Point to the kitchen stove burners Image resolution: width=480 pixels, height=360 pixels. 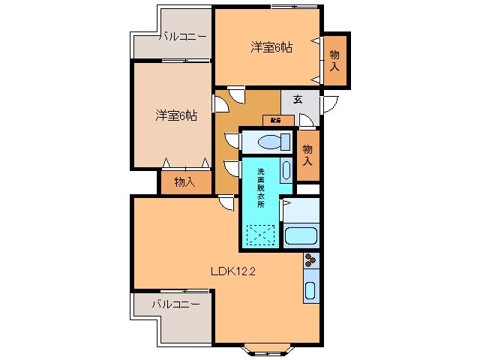(x=310, y=261)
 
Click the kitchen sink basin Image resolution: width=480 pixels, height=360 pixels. (x=310, y=292)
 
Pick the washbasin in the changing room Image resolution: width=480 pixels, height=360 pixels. (x=286, y=169)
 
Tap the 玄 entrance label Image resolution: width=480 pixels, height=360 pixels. (x=298, y=99)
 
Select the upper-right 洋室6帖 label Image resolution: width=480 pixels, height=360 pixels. (x=271, y=47)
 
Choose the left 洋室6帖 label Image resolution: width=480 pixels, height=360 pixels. (x=176, y=115)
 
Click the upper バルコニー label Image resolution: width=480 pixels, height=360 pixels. (x=183, y=34)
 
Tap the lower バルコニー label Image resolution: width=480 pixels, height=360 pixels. (x=175, y=304)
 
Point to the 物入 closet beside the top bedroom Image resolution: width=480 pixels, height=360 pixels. (x=334, y=59)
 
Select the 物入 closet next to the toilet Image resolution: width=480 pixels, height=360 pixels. (x=308, y=154)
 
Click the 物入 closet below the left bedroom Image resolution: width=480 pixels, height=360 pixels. (x=184, y=181)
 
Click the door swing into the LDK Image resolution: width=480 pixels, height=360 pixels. (x=226, y=202)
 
